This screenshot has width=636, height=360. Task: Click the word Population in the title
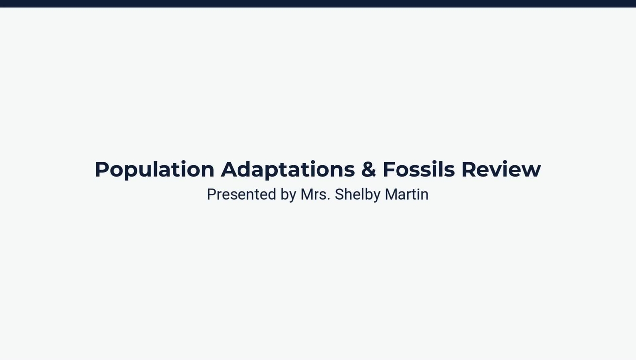pos(154,170)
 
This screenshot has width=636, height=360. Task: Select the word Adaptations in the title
pos(288,170)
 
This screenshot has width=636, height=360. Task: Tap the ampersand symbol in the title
pos(368,170)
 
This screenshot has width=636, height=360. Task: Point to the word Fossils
pos(418,170)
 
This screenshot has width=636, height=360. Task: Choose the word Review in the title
pos(500,170)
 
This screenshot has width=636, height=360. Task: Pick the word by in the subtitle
pos(288,195)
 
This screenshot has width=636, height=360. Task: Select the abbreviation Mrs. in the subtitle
pos(315,194)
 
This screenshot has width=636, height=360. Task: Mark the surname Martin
pos(406,194)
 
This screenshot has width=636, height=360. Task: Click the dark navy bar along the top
pos(318,3)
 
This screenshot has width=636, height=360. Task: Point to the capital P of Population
pos(101,170)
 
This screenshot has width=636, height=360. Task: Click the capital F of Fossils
pos(389,170)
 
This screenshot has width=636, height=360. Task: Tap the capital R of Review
pos(469,170)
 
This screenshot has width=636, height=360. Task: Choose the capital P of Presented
pos(211,194)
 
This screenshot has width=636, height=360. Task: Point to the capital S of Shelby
pos(339,194)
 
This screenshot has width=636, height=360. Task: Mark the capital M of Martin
pos(391,194)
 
